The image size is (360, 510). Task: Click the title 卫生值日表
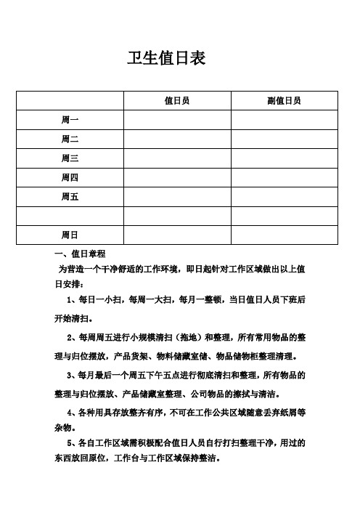click(x=166, y=58)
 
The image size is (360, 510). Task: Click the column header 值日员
click(x=177, y=100)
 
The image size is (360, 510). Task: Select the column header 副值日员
click(x=285, y=100)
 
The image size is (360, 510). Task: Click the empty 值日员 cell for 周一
click(x=177, y=119)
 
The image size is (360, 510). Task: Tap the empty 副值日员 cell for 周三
click(x=285, y=158)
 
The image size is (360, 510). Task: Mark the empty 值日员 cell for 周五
click(x=177, y=196)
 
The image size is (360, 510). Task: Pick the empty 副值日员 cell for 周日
click(x=285, y=235)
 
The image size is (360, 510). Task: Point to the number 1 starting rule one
click(x=68, y=299)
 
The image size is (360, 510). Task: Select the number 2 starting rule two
click(x=68, y=338)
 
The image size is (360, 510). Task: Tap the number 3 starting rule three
click(x=68, y=376)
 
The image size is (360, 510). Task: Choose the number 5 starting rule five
click(x=68, y=442)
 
